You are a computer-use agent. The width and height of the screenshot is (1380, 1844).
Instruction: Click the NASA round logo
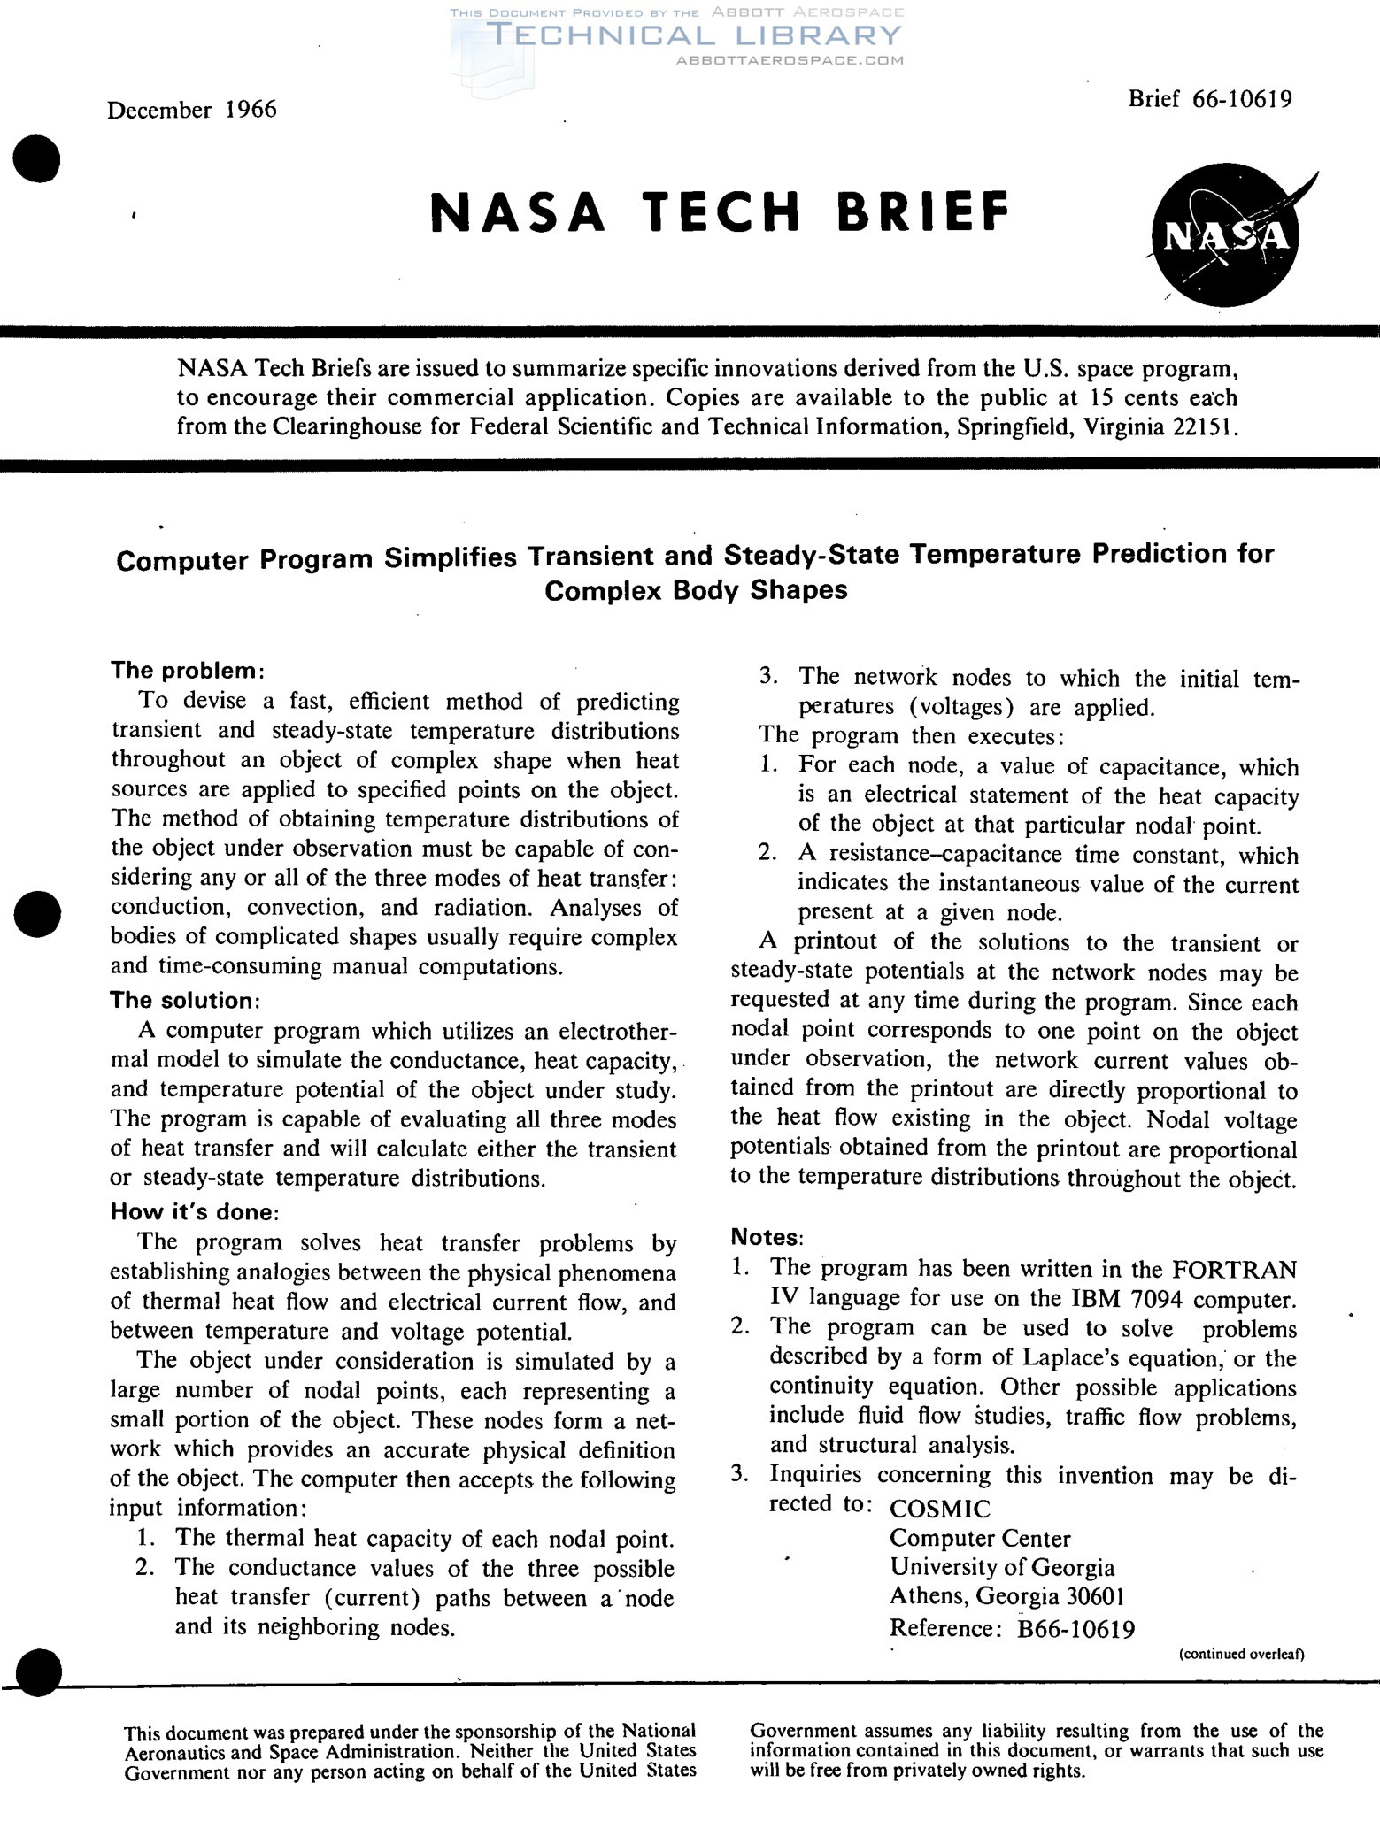coord(1227,237)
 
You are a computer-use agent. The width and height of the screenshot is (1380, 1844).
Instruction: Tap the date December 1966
coord(192,110)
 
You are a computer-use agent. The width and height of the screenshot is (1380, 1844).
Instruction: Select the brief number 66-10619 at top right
coord(1242,98)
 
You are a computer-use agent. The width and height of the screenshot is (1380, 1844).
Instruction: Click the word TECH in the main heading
coord(721,212)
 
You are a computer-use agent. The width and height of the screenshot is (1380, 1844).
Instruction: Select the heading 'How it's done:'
coord(195,1211)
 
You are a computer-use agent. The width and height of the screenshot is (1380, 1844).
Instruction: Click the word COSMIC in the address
coord(940,1509)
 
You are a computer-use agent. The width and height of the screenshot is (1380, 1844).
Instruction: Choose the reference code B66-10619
coord(1076,1629)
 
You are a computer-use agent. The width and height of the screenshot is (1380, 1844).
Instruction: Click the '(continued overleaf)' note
coord(1242,1654)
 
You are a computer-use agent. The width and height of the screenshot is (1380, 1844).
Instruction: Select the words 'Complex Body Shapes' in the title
coord(696,590)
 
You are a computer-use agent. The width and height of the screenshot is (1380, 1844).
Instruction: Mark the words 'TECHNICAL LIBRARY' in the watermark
coord(694,35)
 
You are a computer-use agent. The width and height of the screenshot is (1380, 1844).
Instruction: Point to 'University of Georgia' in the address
coord(1002,1567)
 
